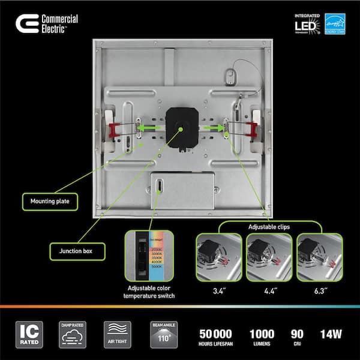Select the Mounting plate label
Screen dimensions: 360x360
coord(50,201)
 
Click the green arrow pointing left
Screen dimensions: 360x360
coord(151,127)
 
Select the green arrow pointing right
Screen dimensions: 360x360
coord(210,127)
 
